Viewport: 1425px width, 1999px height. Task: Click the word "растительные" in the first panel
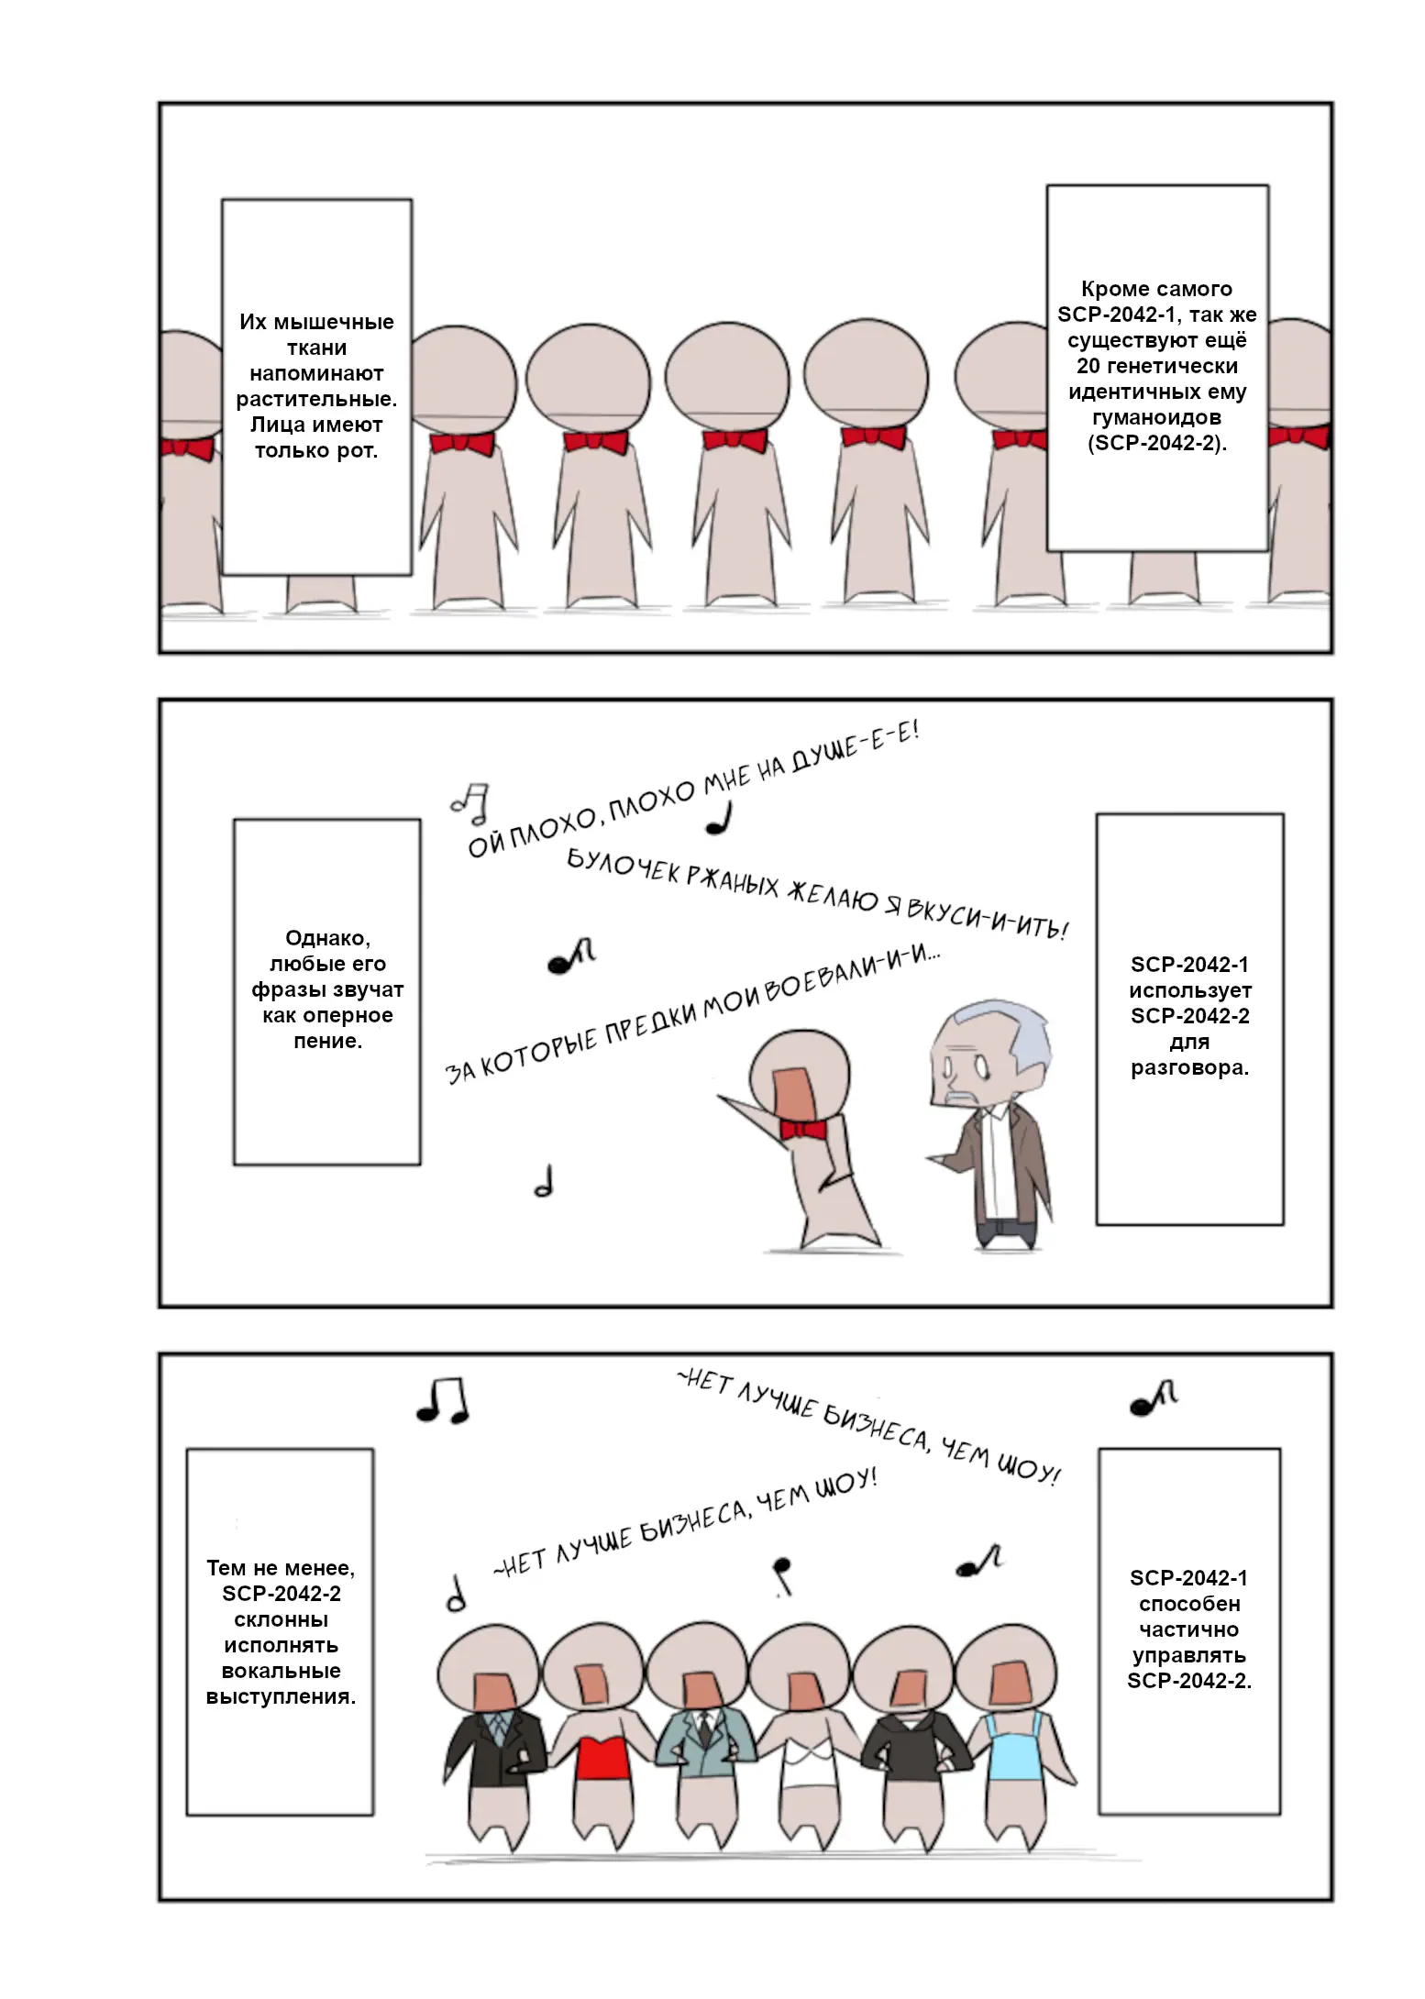coord(316,400)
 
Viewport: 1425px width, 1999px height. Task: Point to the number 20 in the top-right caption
coord(1088,366)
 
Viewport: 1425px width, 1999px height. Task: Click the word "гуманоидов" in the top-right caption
coord(1156,418)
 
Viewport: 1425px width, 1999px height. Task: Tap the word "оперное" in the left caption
coord(348,1016)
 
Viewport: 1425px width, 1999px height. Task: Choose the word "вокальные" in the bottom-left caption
coord(281,1671)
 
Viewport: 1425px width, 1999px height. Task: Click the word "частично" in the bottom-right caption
coord(1188,1629)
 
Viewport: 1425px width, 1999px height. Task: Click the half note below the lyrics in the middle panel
coord(544,1181)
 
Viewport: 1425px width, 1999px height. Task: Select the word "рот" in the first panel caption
coord(359,451)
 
